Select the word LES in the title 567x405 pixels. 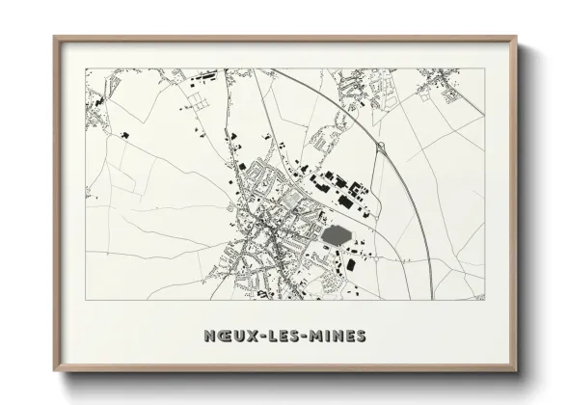(283, 336)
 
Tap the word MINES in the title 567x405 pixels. (338, 336)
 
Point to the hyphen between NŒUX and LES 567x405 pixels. (257, 336)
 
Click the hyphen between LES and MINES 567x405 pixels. (307, 336)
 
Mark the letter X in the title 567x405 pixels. (248, 336)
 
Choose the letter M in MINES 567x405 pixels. (318, 336)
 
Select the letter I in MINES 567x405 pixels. (329, 336)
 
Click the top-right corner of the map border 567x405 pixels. (485, 67)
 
